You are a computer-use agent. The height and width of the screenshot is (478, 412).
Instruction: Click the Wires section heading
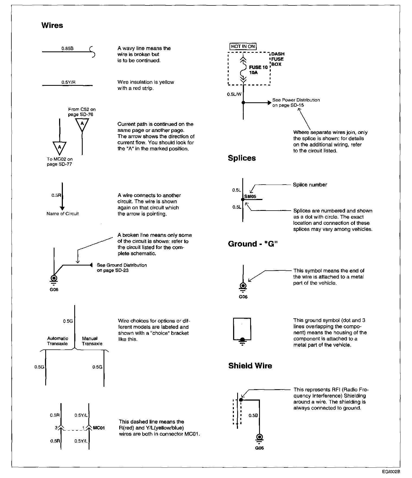coord(52,25)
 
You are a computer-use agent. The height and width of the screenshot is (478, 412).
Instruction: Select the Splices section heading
coord(242,158)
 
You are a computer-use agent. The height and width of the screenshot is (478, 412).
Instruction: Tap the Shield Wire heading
coord(250,366)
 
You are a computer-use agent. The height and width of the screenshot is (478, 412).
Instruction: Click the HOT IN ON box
coord(243,46)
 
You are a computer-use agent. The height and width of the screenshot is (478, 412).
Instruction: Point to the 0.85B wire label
coord(67,49)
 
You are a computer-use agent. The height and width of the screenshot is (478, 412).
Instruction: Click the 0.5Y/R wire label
coord(68,83)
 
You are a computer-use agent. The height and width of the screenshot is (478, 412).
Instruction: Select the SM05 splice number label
coord(250,197)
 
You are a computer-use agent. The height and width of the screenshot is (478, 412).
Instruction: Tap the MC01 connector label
coord(99,428)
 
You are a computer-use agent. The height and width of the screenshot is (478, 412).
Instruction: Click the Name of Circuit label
coord(63,214)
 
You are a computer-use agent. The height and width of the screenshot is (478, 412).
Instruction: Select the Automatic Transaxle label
coord(57,341)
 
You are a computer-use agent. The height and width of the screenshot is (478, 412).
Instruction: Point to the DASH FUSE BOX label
coord(278,59)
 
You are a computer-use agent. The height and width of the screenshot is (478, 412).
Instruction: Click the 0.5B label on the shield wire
coord(253,415)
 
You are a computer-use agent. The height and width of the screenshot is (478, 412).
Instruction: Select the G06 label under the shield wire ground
coord(259,448)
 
